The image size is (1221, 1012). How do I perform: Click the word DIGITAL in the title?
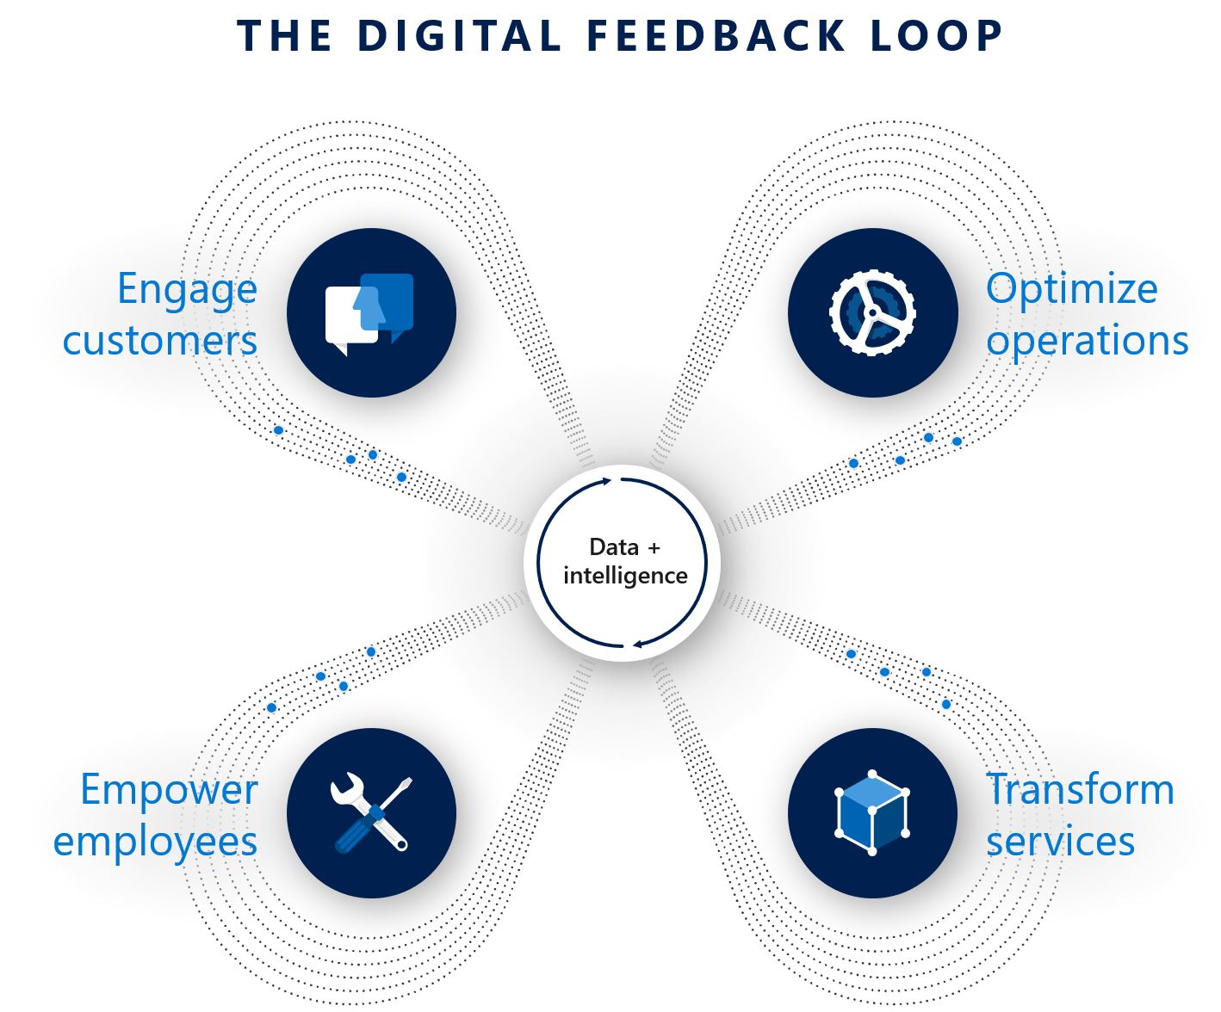pyautogui.click(x=459, y=36)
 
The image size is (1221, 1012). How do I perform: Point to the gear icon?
pyautogui.click(x=872, y=312)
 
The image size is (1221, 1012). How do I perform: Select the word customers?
pyautogui.click(x=160, y=341)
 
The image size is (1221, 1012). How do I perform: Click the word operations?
pyautogui.click(x=1087, y=341)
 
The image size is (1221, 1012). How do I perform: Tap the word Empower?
pyautogui.click(x=169, y=790)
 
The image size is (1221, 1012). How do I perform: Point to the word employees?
pyautogui.click(x=155, y=842)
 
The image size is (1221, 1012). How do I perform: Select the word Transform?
pyautogui.click(x=1080, y=790)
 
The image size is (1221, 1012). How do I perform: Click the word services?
pyautogui.click(x=1060, y=841)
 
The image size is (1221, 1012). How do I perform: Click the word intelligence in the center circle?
pyautogui.click(x=625, y=576)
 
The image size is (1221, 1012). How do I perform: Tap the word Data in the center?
pyautogui.click(x=614, y=547)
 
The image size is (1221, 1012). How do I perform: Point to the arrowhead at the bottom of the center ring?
pyautogui.click(x=637, y=643)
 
